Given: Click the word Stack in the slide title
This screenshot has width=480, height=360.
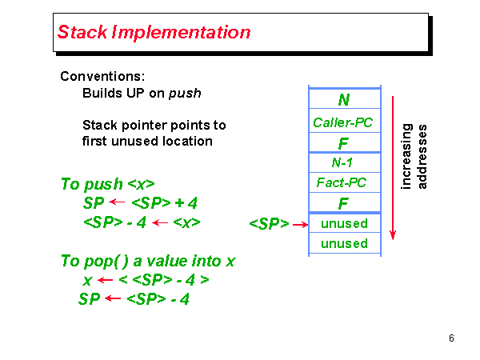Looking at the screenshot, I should pyautogui.click(x=82, y=33).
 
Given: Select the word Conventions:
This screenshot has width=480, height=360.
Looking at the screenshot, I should pyautogui.click(x=102, y=77).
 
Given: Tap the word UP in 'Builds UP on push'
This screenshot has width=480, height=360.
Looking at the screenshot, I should pyautogui.click(x=137, y=93).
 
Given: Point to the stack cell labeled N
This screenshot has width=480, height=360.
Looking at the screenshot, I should pyautogui.click(x=343, y=100).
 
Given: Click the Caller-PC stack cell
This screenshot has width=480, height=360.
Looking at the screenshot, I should pyautogui.click(x=343, y=122).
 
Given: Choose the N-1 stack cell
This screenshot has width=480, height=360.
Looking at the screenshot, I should pyautogui.click(x=343, y=162).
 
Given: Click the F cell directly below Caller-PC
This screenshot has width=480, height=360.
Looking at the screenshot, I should pyautogui.click(x=343, y=143).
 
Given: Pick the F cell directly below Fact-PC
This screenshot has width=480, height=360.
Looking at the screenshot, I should pyautogui.click(x=343, y=203).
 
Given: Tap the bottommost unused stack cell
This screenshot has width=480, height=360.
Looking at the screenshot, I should pyautogui.click(x=344, y=243).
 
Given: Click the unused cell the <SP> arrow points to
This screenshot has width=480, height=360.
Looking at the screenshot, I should pyautogui.click(x=344, y=223).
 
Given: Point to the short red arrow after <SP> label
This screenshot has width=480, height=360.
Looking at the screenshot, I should pyautogui.click(x=300, y=225).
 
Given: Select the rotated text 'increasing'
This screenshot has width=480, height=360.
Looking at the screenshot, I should pyautogui.click(x=406, y=156).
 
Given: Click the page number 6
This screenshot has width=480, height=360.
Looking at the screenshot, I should pyautogui.click(x=452, y=338).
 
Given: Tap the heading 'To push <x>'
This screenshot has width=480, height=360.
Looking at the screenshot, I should pyautogui.click(x=107, y=184).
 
